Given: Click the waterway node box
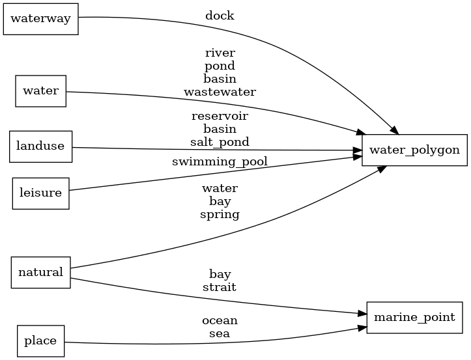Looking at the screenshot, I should click(x=41, y=19).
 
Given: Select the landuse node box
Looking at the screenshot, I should click(x=40, y=146).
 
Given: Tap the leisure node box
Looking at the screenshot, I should click(x=40, y=193).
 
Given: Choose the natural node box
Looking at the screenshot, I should click(x=40, y=272).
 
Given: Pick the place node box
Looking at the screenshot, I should click(x=40, y=341).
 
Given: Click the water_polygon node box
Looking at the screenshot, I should click(x=414, y=150).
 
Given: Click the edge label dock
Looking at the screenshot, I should click(x=220, y=16).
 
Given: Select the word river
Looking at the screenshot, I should click(x=220, y=53).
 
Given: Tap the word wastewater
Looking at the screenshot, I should click(x=220, y=92).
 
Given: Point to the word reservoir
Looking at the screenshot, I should click(x=220, y=116).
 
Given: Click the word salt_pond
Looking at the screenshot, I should click(x=220, y=142).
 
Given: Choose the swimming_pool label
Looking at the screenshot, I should click(x=220, y=161).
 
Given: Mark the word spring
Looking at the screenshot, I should click(x=220, y=214).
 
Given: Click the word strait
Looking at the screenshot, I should click(x=220, y=286).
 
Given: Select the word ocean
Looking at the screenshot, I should click(x=220, y=321).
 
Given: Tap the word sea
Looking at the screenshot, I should click(x=220, y=334).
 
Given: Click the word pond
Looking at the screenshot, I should click(x=220, y=66).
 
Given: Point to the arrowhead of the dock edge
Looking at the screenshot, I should click(x=394, y=130).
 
